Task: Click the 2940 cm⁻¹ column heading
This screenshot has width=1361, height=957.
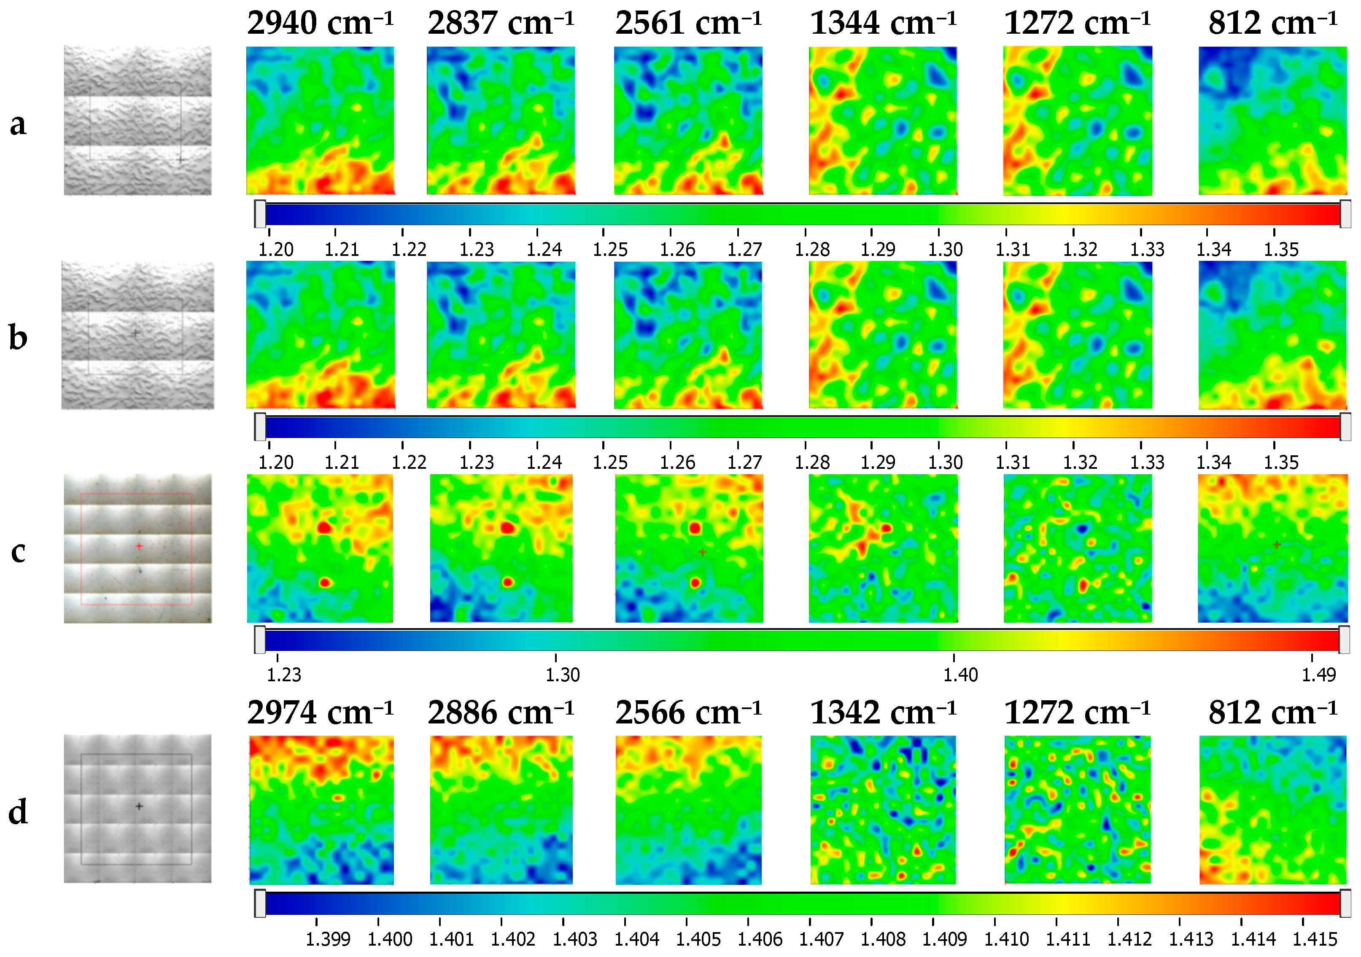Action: click(x=320, y=24)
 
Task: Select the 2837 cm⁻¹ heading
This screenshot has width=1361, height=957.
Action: click(x=501, y=24)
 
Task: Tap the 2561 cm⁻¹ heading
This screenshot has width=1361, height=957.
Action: click(x=688, y=24)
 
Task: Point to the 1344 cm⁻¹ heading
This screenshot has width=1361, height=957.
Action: click(x=883, y=24)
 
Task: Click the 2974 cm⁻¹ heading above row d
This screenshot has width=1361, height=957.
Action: click(x=320, y=713)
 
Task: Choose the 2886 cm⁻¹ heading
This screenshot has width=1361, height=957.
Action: click(x=501, y=713)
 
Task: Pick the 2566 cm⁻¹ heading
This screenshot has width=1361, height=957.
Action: click(x=688, y=713)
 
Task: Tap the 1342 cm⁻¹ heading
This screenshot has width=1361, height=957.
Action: click(x=883, y=713)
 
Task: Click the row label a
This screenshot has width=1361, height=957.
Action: click(x=18, y=124)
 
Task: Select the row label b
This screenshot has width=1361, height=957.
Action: click(x=18, y=338)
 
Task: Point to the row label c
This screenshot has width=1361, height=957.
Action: click(x=18, y=552)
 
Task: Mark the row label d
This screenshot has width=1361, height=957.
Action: click(x=18, y=812)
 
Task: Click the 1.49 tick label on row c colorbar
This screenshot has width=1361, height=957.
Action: click(x=1319, y=675)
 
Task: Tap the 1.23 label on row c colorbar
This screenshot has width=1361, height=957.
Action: click(x=284, y=675)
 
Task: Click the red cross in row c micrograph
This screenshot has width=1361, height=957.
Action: click(x=139, y=546)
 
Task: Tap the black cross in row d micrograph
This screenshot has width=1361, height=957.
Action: click(x=139, y=806)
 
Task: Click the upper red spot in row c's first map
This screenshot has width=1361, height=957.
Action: click(x=323, y=527)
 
